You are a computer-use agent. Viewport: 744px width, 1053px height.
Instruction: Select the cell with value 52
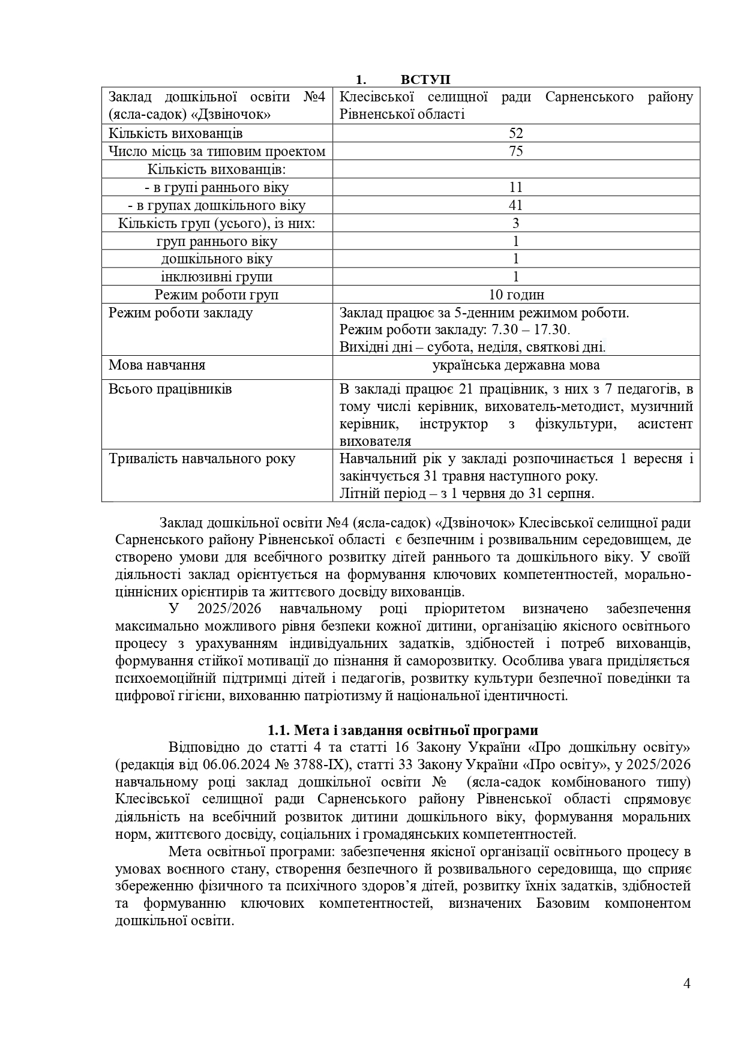coord(516,133)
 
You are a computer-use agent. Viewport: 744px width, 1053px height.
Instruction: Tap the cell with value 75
coord(516,151)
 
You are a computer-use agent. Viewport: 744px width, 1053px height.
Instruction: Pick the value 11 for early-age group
coord(516,187)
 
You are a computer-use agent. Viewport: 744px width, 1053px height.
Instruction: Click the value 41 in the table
coord(516,205)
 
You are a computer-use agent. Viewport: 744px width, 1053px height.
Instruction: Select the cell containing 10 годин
coord(516,295)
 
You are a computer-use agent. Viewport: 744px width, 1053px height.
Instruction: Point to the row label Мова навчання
coord(157,365)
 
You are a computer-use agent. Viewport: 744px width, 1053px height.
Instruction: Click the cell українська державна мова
coord(516,365)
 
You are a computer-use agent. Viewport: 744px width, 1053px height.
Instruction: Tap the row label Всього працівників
coord(170,389)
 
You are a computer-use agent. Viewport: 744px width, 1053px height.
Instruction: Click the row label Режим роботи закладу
coord(180,313)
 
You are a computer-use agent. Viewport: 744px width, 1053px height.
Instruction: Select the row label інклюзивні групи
coord(217,277)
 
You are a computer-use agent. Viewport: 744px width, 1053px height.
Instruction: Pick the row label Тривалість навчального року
coord(202,459)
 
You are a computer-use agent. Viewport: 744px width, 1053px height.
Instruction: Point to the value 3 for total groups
coord(516,223)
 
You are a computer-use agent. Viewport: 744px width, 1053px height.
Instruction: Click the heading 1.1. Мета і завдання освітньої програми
coord(403,730)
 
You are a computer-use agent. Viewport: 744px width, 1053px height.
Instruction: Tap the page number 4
coord(687,983)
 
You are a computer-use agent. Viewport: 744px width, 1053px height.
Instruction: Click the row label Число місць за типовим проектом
coord(217,151)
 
